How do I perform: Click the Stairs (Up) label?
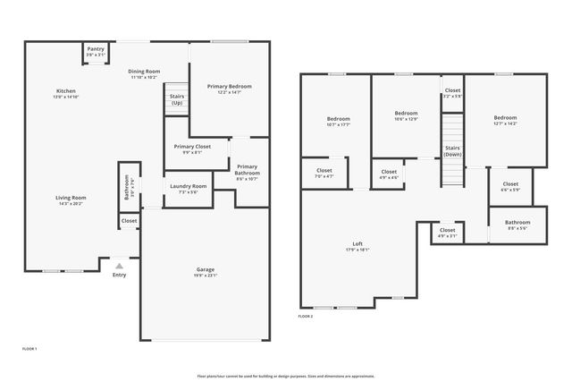pyautogui.click(x=177, y=98)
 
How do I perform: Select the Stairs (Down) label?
pyautogui.click(x=453, y=150)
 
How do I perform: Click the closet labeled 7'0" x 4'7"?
pyautogui.click(x=324, y=173)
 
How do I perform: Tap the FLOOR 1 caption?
pyautogui.click(x=29, y=347)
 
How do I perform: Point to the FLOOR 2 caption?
pyautogui.click(x=306, y=316)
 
